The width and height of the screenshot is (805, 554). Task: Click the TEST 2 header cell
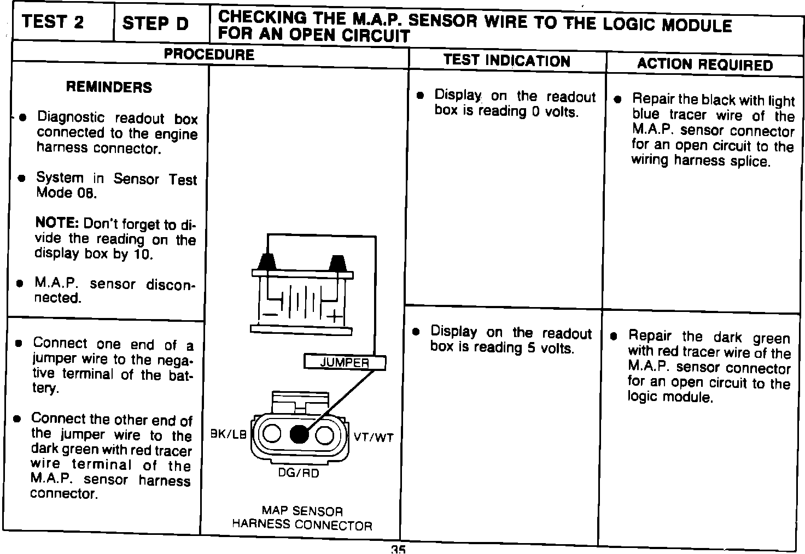[x=53, y=22]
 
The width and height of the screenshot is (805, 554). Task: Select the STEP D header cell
[x=155, y=23]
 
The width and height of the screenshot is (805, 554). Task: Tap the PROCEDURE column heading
[x=209, y=54]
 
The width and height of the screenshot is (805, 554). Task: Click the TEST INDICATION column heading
[x=506, y=60]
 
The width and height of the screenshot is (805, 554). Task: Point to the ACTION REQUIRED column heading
[x=704, y=65]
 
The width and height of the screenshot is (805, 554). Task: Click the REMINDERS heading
[x=109, y=87]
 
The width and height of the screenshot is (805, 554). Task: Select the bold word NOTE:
[x=57, y=223]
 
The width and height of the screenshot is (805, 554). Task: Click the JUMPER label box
[x=345, y=362]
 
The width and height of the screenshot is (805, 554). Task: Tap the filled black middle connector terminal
[x=299, y=435]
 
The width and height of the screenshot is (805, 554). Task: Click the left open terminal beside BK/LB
[x=272, y=435]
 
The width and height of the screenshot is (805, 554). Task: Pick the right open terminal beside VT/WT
[x=325, y=435]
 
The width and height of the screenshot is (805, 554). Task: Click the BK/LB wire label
[x=229, y=434]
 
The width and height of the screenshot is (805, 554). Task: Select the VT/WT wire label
[x=374, y=437]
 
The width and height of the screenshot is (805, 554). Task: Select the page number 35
[x=398, y=549]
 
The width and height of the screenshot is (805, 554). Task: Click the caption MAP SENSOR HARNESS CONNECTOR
[x=302, y=518]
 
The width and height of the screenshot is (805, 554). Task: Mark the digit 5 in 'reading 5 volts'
[x=531, y=348]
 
